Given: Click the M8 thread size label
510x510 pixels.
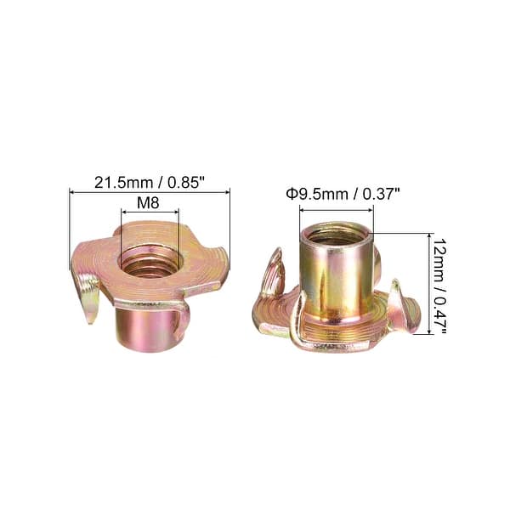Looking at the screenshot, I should click(x=150, y=205).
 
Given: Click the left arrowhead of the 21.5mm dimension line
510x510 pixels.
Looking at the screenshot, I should click(x=72, y=193).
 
